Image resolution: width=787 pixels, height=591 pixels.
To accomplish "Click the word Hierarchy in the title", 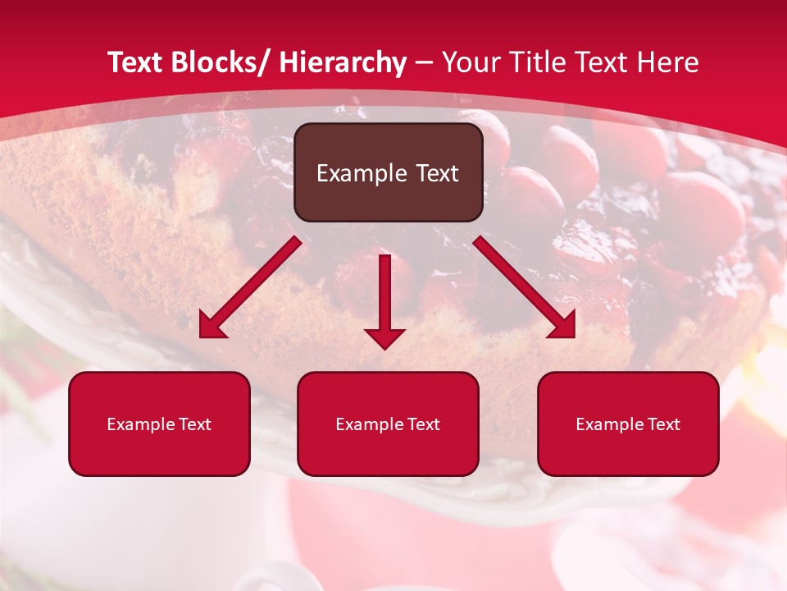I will click(343, 62).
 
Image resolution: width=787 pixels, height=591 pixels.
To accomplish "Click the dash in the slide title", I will click(424, 62).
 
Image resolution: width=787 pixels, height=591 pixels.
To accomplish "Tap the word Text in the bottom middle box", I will click(423, 424).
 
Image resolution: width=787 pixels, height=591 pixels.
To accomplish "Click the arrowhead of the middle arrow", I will click(384, 337).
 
